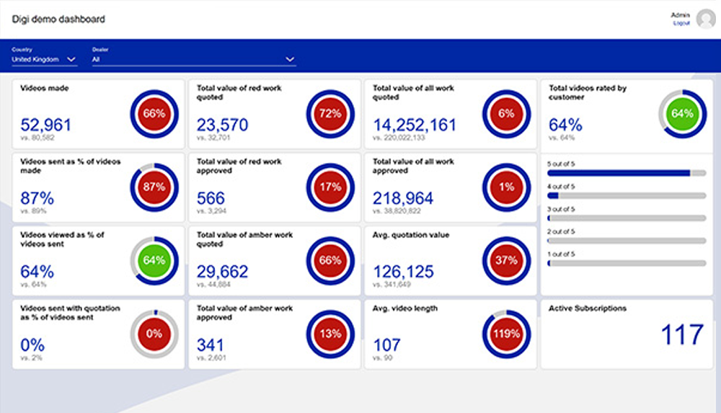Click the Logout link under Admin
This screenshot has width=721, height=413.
681,23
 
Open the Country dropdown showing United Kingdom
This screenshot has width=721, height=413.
44,59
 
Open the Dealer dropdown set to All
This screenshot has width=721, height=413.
193,59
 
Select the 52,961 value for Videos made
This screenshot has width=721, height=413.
45,125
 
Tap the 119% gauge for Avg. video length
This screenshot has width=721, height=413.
506,334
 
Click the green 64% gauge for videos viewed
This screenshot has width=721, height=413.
154,260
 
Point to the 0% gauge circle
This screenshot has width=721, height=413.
154,334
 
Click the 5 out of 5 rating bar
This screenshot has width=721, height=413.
626,173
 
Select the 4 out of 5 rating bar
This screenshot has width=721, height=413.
626,195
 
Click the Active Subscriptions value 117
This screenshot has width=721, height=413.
681,335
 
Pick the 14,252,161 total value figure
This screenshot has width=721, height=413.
415,125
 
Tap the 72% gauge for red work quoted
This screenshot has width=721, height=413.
330,113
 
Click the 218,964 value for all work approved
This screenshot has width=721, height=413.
403,198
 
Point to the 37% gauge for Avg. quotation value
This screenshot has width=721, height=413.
506,260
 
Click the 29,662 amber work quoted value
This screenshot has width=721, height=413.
222,272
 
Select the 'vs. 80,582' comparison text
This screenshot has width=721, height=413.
37,137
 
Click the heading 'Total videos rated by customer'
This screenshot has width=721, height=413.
588,92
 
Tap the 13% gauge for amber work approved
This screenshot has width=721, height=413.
330,334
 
